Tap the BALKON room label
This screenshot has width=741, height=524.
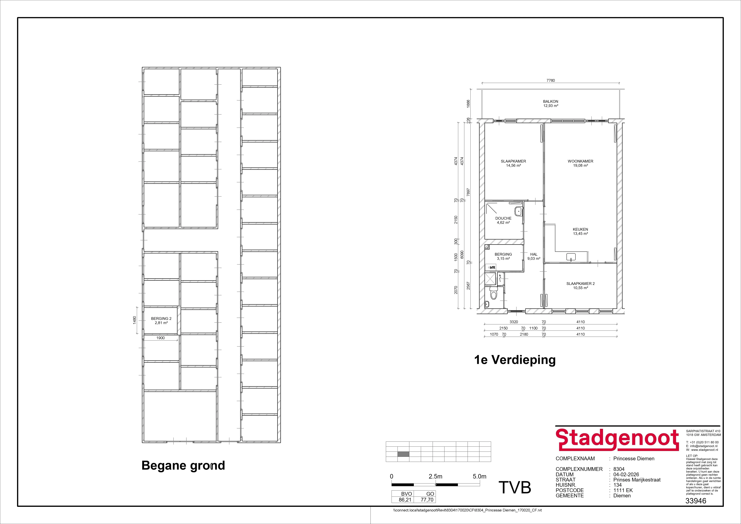pos(551,101)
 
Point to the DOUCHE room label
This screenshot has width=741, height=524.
pos(503,218)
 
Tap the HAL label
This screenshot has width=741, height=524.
pos(534,254)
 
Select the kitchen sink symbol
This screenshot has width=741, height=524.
pos(571,257)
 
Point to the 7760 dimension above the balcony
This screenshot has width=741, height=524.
pos(551,80)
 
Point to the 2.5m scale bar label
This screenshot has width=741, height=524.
pos(435,476)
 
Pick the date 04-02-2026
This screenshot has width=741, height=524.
pos(626,474)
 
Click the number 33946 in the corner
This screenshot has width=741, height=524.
pos(696,501)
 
